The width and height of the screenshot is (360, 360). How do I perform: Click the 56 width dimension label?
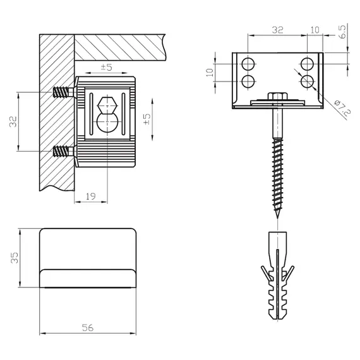pyautogui.click(x=88, y=328)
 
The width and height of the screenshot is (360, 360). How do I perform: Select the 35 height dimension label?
pyautogui.click(x=15, y=258)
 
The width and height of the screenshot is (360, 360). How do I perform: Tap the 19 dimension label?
pyautogui.click(x=91, y=196)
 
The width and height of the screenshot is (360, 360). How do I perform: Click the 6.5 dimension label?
pyautogui.click(x=342, y=32)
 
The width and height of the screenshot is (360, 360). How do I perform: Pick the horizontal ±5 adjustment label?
pyautogui.click(x=107, y=67)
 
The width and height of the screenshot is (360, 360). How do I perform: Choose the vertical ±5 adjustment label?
pyautogui.click(x=147, y=119)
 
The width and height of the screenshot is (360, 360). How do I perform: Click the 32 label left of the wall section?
pyautogui.click(x=13, y=121)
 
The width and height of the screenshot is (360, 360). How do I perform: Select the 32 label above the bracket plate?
pyautogui.click(x=277, y=30)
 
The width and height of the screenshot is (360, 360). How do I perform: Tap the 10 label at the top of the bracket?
pyautogui.click(x=315, y=30)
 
